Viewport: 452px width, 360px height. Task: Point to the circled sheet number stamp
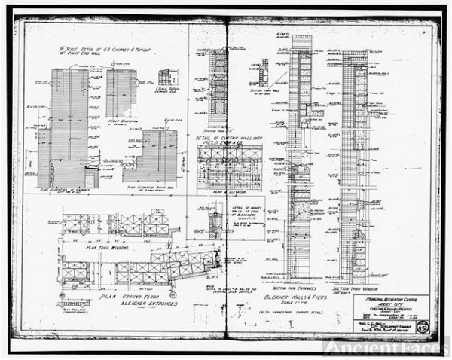tap(430, 326)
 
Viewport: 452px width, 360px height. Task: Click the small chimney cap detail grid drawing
tap(164, 77)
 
